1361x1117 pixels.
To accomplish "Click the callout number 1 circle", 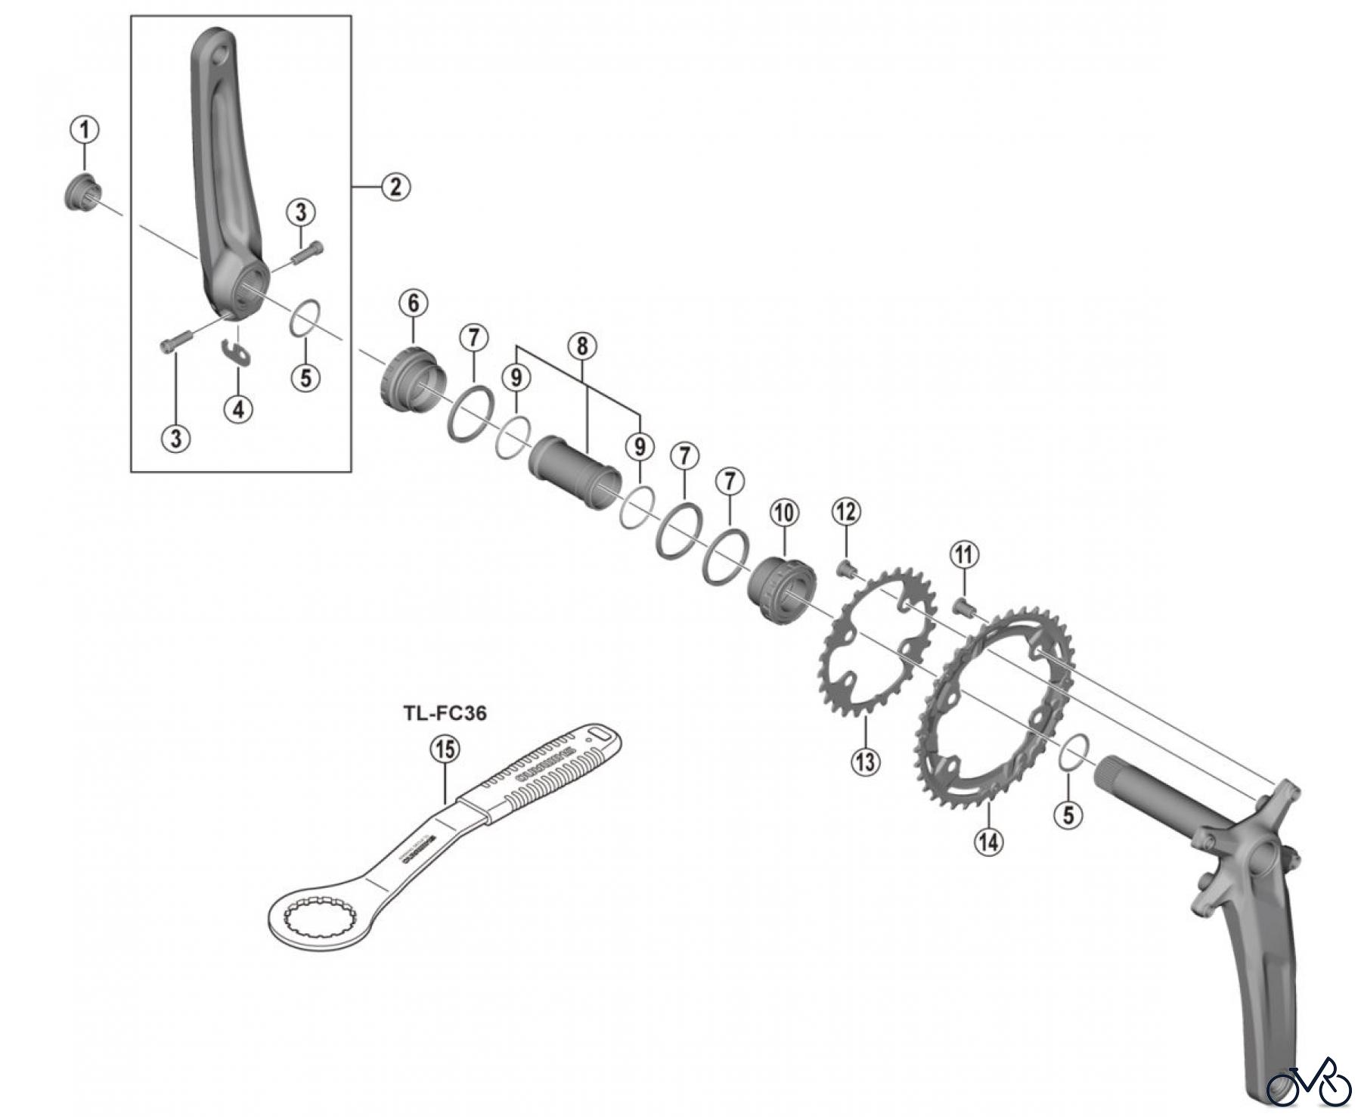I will (x=85, y=129).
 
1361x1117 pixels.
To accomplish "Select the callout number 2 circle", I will (x=395, y=186).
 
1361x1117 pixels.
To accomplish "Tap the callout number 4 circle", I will (x=239, y=409).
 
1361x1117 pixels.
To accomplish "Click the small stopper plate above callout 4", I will (x=237, y=353).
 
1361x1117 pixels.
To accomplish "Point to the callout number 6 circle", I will (x=414, y=303).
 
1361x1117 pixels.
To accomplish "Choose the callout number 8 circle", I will (x=581, y=346).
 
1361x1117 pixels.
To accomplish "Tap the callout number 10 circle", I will (x=784, y=513).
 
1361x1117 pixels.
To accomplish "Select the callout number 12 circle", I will (x=846, y=512).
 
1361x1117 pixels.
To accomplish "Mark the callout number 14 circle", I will (x=988, y=841).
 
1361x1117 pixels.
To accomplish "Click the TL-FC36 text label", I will (x=445, y=712).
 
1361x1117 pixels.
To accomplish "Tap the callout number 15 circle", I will (x=445, y=749).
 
